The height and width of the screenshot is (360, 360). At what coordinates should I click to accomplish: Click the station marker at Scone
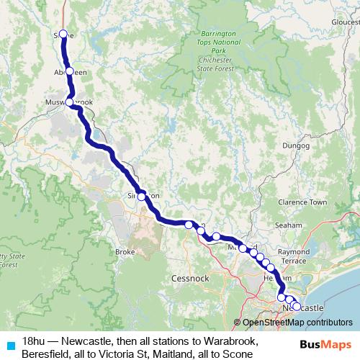63,34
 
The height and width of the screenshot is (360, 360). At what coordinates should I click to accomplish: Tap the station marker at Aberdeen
70,71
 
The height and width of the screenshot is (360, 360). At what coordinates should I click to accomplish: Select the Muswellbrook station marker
70,102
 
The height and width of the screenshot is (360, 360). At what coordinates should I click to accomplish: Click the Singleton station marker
141,196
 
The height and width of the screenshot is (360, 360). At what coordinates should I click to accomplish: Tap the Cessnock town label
190,277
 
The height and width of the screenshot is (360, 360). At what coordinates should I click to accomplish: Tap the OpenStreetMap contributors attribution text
297,323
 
